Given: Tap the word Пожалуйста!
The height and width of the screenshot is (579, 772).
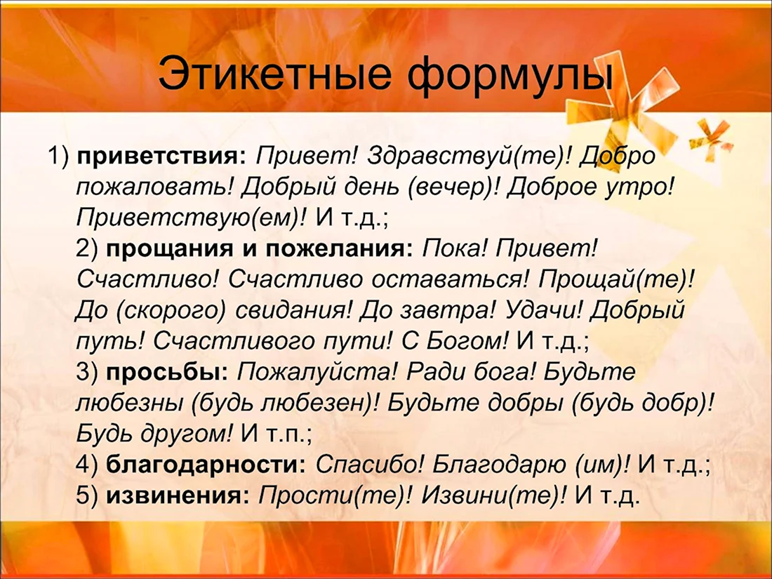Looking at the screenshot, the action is click(x=317, y=373).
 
